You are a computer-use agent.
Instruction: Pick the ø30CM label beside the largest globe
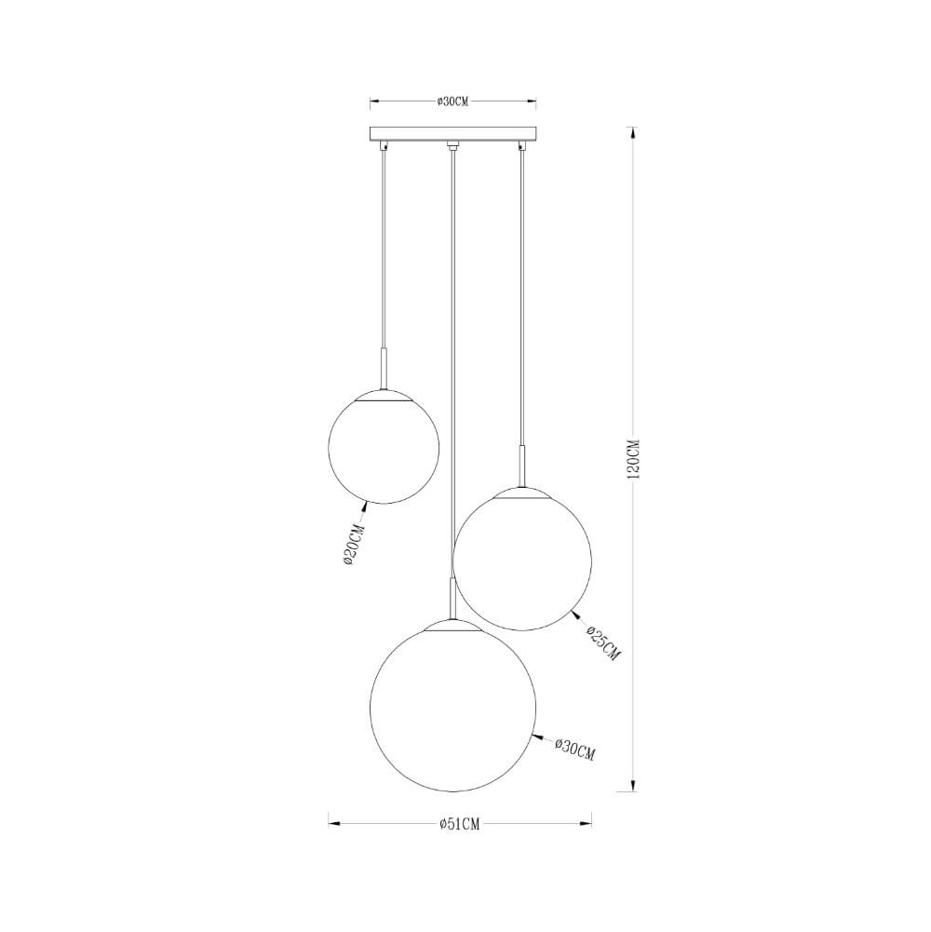(x=574, y=749)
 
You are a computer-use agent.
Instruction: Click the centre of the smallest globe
(x=381, y=449)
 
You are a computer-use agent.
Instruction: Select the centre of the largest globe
(x=453, y=709)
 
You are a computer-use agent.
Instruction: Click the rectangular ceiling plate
(x=452, y=134)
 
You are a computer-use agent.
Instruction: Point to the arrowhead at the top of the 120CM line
(x=634, y=133)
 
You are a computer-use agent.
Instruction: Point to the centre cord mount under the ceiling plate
(x=452, y=145)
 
